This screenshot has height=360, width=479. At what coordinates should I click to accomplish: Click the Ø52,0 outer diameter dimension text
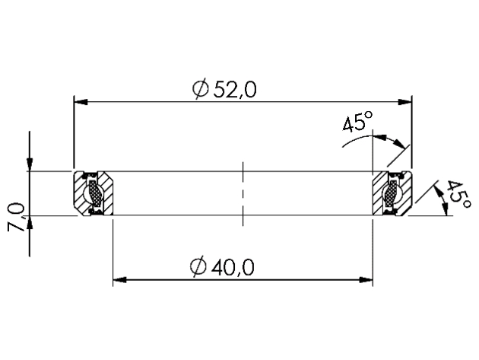[x=225, y=89]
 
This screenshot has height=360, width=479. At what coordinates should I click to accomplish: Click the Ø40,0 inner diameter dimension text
[x=225, y=266]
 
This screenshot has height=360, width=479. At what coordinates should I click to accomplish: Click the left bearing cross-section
[x=94, y=193]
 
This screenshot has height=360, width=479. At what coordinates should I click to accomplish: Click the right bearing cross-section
[x=392, y=193]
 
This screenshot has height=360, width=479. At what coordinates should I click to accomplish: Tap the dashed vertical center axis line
[x=242, y=193]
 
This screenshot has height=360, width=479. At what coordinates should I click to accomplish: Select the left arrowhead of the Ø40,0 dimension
[x=119, y=279]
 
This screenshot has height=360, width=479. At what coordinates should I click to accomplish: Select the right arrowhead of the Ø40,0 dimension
[x=367, y=279]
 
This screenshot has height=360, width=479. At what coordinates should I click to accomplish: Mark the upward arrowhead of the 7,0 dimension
[x=29, y=222]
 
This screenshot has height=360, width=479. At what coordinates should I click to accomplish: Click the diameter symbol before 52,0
[x=201, y=90]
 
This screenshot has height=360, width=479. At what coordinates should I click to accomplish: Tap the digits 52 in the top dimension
[x=225, y=89]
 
